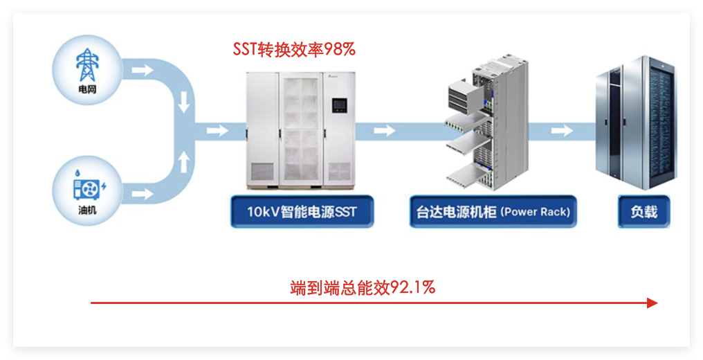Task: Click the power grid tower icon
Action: (x=86, y=65)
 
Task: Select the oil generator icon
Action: (x=87, y=187)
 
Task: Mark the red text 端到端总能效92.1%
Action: (x=363, y=287)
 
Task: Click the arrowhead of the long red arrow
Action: (x=651, y=303)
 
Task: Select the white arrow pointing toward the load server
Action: (x=562, y=130)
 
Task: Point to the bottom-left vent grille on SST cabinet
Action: (x=262, y=170)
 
